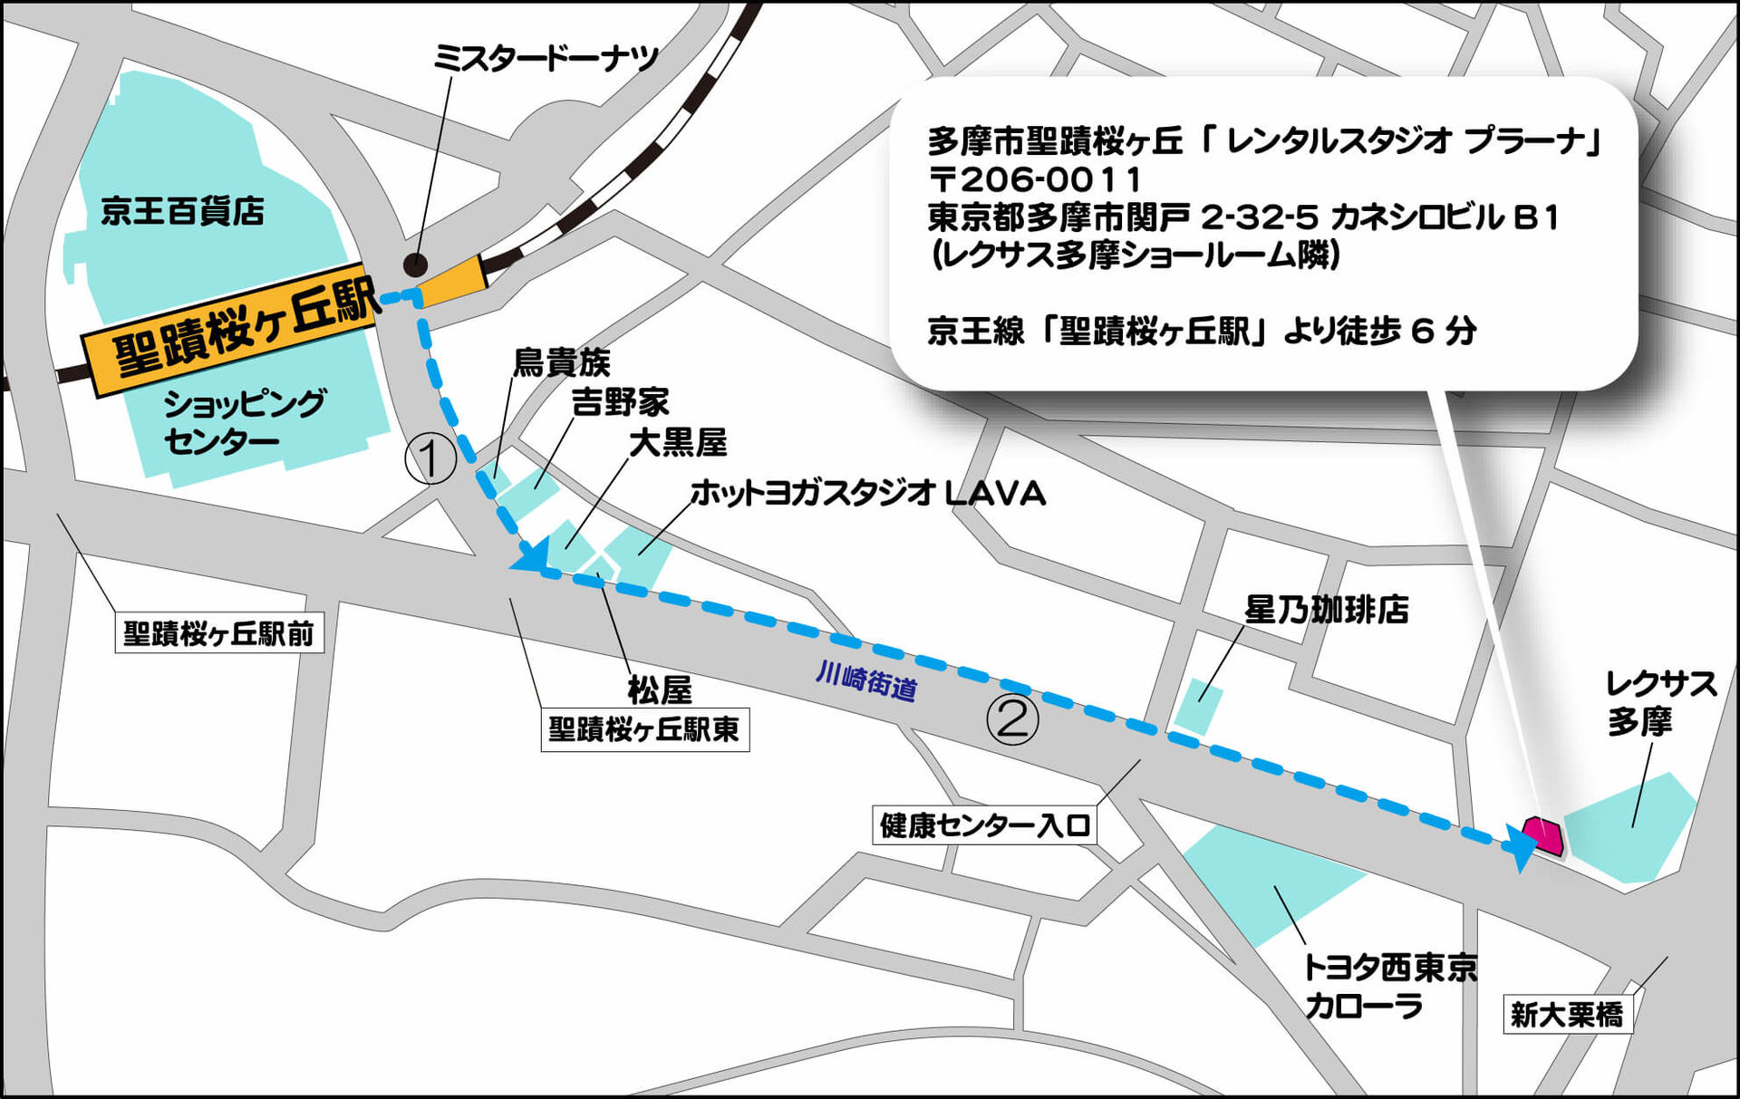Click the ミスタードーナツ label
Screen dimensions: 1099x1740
click(x=546, y=59)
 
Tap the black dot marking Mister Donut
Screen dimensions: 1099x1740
click(x=415, y=265)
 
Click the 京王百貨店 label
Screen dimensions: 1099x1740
click(x=182, y=211)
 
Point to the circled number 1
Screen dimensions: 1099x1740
click(x=430, y=458)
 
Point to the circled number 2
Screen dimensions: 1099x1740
click(x=1012, y=718)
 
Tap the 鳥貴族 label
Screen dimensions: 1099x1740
click(x=562, y=362)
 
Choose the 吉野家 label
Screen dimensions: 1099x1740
click(x=620, y=402)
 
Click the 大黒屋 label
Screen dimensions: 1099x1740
click(x=678, y=443)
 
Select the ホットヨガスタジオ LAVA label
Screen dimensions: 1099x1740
click(x=867, y=494)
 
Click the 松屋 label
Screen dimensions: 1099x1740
click(x=660, y=690)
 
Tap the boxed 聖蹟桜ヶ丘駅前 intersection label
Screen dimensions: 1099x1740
click(x=218, y=633)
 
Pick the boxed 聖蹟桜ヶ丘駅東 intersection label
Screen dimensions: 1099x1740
click(x=644, y=729)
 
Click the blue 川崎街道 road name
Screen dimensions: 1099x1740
click(x=866, y=680)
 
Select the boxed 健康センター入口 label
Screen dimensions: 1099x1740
click(x=984, y=825)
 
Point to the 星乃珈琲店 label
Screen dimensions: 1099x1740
click(x=1327, y=610)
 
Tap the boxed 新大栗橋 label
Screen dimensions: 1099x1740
click(x=1567, y=1014)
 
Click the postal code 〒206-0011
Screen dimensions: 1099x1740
click(x=1034, y=179)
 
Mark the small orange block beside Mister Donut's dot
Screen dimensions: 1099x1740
click(x=451, y=282)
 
